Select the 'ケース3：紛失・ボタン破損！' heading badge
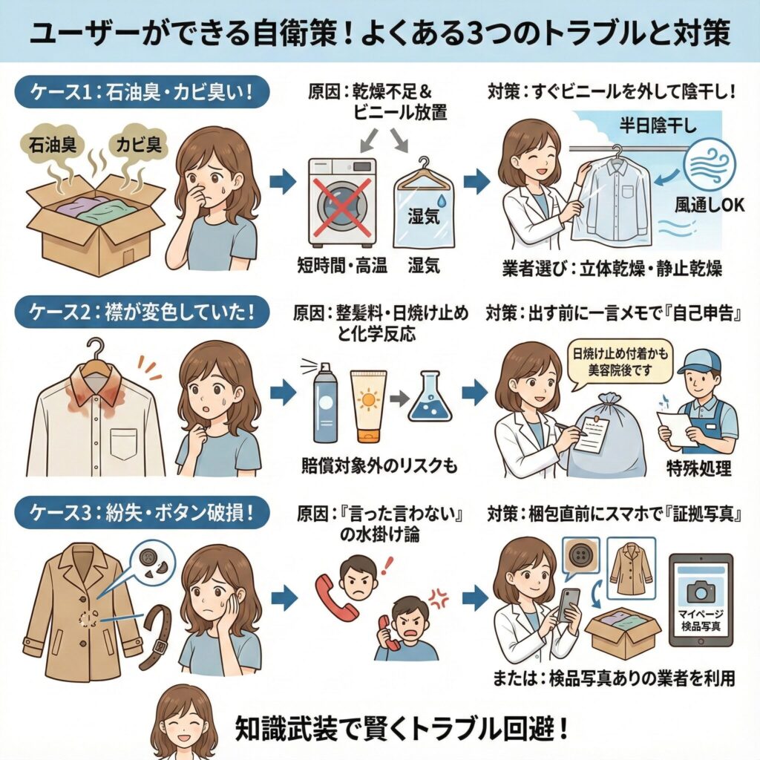click(x=140, y=514)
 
